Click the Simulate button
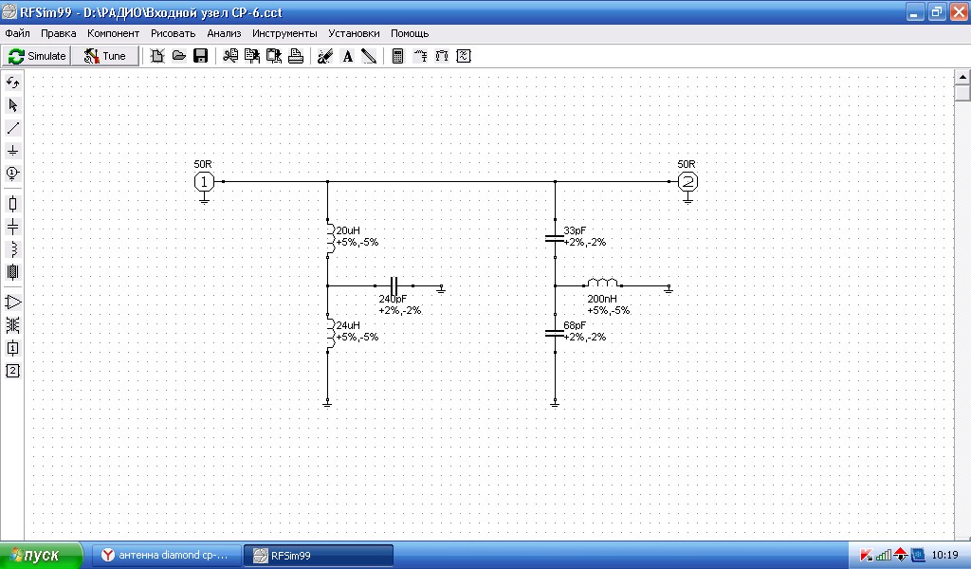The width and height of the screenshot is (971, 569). (x=37, y=56)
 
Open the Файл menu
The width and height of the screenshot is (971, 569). (x=17, y=33)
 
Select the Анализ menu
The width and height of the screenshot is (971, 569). (x=224, y=33)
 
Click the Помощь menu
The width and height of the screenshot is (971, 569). (x=410, y=33)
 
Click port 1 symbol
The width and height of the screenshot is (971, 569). (x=204, y=181)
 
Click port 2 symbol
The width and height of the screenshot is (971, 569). (x=687, y=181)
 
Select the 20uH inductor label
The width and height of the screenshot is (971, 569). (x=348, y=230)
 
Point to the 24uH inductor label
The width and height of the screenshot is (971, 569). (x=348, y=325)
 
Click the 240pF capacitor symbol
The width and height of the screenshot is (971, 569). (x=394, y=286)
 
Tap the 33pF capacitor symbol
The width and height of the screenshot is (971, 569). (x=555, y=238)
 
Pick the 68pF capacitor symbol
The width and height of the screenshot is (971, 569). (x=555, y=333)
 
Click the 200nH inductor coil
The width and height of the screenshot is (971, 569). (x=602, y=283)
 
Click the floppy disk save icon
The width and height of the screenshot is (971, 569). (x=201, y=56)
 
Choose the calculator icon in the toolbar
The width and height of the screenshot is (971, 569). (x=397, y=56)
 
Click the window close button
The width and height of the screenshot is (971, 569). (x=958, y=11)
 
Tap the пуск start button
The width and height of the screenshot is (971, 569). (x=41, y=556)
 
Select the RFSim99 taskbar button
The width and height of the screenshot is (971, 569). (x=319, y=556)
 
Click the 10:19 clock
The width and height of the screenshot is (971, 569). (x=945, y=555)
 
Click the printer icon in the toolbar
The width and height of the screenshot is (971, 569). (x=296, y=56)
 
